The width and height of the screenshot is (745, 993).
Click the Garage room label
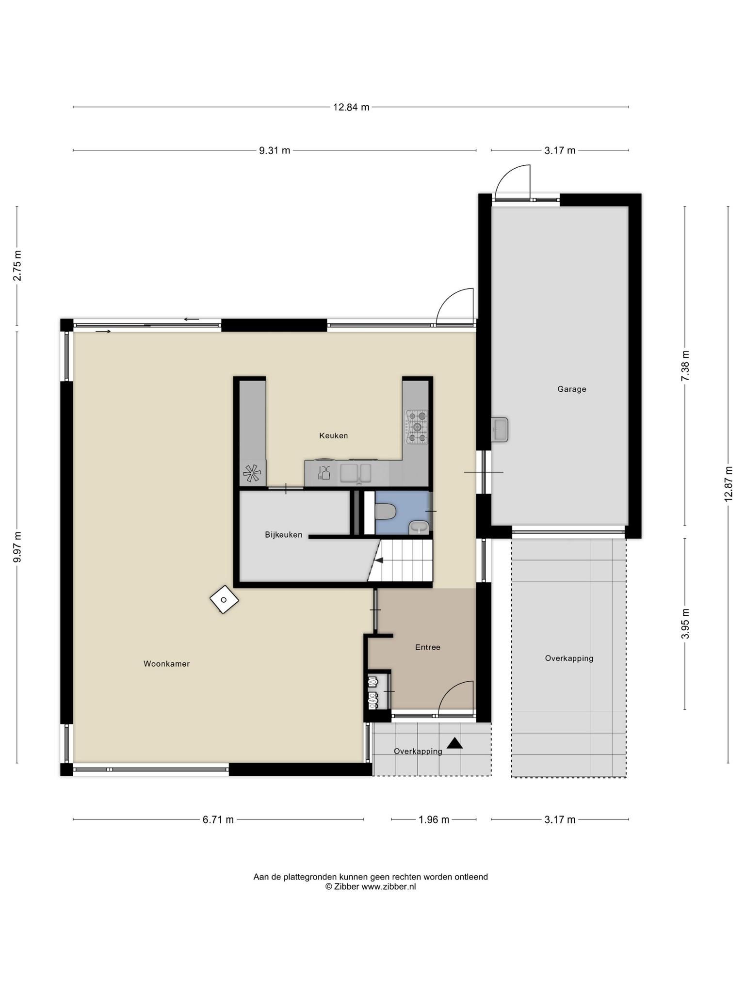(x=571, y=389)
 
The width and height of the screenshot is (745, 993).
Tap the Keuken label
(x=333, y=435)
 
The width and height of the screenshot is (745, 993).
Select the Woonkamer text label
(x=166, y=664)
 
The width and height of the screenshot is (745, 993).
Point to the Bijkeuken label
(x=284, y=535)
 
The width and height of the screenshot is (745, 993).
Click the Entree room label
(x=427, y=647)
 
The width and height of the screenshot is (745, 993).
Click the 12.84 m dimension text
(x=351, y=107)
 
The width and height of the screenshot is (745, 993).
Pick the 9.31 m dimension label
(x=275, y=150)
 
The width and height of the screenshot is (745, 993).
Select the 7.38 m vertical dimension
(x=685, y=366)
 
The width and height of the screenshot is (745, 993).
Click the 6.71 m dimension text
(x=218, y=819)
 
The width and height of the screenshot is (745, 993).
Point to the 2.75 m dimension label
(x=17, y=265)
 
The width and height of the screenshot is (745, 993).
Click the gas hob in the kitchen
(x=417, y=427)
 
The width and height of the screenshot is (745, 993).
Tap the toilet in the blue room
(x=386, y=511)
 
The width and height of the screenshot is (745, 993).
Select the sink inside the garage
(x=500, y=430)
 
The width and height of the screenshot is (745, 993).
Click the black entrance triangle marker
(x=454, y=743)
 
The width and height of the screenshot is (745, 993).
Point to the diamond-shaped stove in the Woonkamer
(x=224, y=599)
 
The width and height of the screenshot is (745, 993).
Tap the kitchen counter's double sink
(x=356, y=473)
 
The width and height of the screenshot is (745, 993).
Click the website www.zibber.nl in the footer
(x=389, y=887)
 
